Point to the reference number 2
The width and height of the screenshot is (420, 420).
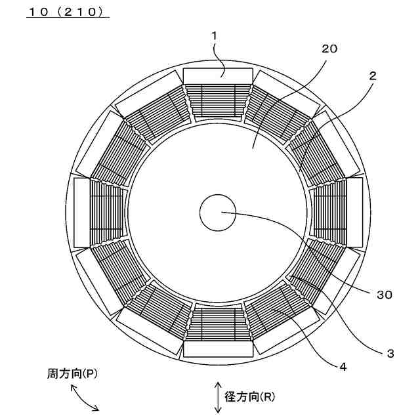pos(372,75)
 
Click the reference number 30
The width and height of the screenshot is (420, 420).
pos(385,295)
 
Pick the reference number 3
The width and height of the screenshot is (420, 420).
pos(390,353)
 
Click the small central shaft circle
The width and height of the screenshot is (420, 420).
pos(218,213)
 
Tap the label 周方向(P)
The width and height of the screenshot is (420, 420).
pos(72,373)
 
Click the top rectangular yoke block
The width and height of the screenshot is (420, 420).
pos(218,76)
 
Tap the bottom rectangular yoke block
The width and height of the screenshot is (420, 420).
pos(218,349)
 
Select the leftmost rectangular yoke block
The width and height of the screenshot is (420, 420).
pos(81,213)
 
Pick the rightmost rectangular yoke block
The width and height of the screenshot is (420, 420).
pos(354,213)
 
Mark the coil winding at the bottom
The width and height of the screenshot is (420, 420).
pos(218,324)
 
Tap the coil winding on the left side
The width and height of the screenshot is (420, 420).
pos(106,213)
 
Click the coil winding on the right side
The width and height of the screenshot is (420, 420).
pos(330,213)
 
